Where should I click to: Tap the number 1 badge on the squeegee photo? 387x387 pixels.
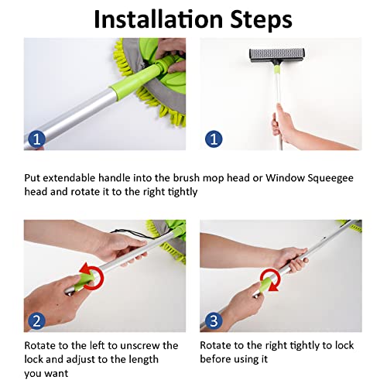point(216,139)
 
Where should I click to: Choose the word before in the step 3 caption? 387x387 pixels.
point(219,359)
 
